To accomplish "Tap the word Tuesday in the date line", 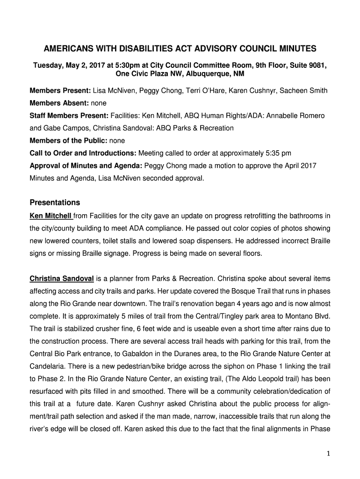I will tap(47, 65).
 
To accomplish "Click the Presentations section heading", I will tap(55, 203).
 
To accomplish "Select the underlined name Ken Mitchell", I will tap(50, 216).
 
